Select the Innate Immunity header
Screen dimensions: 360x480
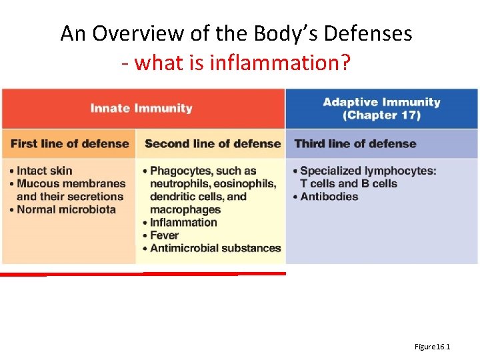coord(141,108)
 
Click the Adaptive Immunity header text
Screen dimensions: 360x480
coord(381,102)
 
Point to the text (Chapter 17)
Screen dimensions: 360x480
coord(381,115)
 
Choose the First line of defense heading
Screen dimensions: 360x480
coord(69,143)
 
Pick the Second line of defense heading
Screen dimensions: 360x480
coord(213,143)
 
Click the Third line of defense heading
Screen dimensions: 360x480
coord(355,143)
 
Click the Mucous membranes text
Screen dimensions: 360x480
coord(71,183)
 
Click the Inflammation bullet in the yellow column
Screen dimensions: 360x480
coord(183,222)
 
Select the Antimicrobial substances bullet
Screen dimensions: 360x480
coord(215,248)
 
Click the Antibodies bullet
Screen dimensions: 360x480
coord(329,197)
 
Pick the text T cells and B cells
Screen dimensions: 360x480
coord(349,183)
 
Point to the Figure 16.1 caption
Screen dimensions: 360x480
coord(432,347)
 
